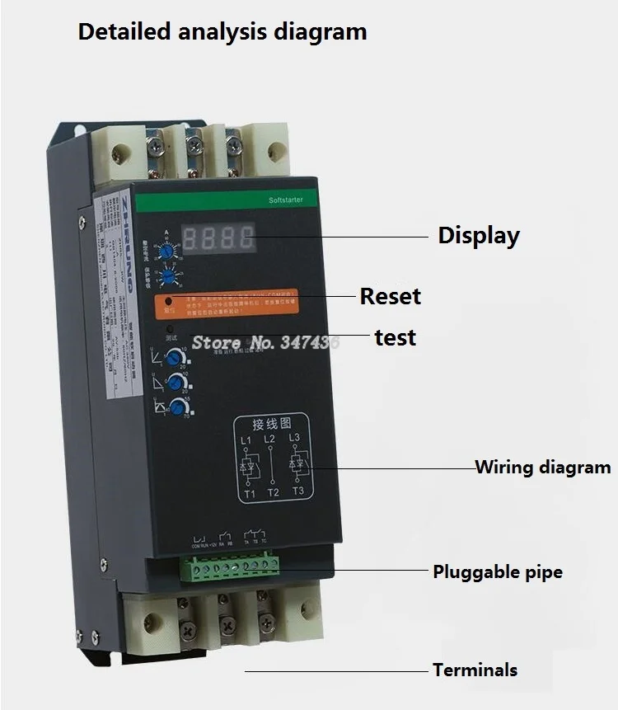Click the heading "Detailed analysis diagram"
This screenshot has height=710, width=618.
(x=222, y=32)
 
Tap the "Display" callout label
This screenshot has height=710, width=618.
(x=479, y=235)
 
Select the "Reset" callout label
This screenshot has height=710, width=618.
(x=390, y=296)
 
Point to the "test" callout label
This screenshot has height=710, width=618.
(x=396, y=337)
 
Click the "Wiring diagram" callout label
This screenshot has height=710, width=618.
(x=543, y=467)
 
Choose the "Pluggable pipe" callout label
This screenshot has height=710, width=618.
(x=498, y=571)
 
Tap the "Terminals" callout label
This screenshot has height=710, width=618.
(x=475, y=670)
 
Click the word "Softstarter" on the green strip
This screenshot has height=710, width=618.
(x=286, y=200)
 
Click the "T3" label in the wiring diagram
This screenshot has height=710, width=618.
(x=297, y=492)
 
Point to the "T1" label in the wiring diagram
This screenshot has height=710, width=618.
(x=250, y=494)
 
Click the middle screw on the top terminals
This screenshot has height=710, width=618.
(x=194, y=147)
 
